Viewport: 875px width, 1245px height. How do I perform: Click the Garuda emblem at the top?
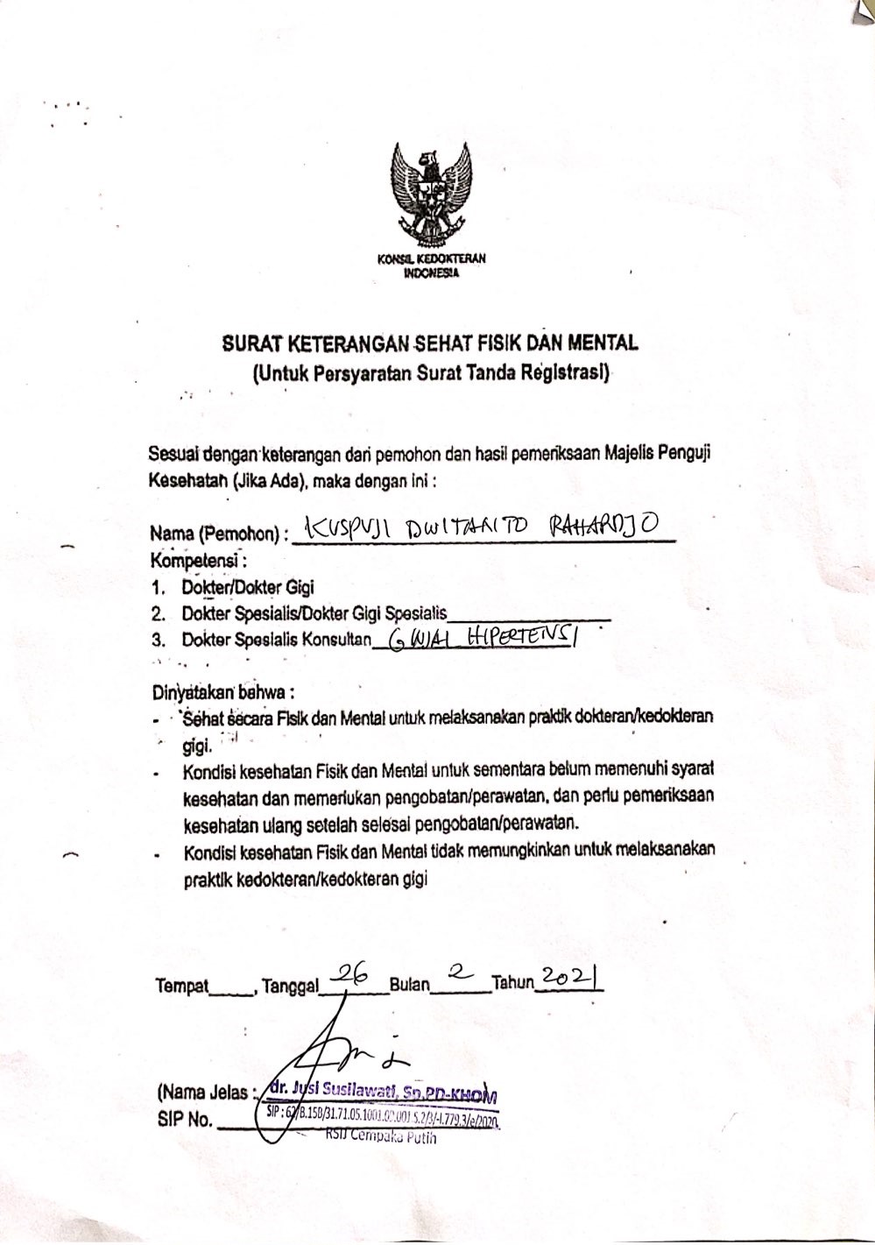[430, 195]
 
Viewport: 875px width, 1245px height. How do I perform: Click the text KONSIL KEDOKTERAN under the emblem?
[430, 259]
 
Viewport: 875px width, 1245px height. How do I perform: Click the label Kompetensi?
[197, 559]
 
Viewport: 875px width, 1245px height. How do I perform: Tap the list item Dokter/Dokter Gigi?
[248, 587]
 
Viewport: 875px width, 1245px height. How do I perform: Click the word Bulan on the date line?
[410, 984]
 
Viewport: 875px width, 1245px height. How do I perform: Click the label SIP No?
[185, 1119]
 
